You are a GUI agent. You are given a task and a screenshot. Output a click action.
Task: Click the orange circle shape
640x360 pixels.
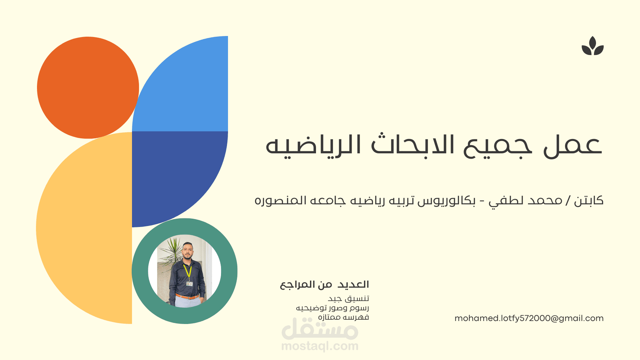[88, 87]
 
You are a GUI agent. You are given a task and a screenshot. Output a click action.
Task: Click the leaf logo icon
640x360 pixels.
[593, 46]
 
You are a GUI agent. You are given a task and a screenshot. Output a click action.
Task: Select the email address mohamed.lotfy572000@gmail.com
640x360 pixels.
[529, 318]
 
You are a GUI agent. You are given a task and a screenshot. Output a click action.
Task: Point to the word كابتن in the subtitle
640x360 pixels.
[589, 201]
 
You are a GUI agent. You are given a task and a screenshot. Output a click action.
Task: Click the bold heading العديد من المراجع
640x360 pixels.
[324, 285]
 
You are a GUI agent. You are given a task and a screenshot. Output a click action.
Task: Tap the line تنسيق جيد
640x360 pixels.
[349, 299]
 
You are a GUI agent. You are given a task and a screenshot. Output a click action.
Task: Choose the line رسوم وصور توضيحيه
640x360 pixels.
[332, 308]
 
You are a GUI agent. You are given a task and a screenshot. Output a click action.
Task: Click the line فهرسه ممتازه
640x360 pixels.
[343, 317]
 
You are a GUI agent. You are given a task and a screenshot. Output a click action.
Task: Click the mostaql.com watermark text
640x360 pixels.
[320, 346]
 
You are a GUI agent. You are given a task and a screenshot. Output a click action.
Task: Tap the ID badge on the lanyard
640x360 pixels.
[189, 284]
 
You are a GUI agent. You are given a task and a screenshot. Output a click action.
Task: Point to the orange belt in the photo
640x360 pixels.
[187, 296]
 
